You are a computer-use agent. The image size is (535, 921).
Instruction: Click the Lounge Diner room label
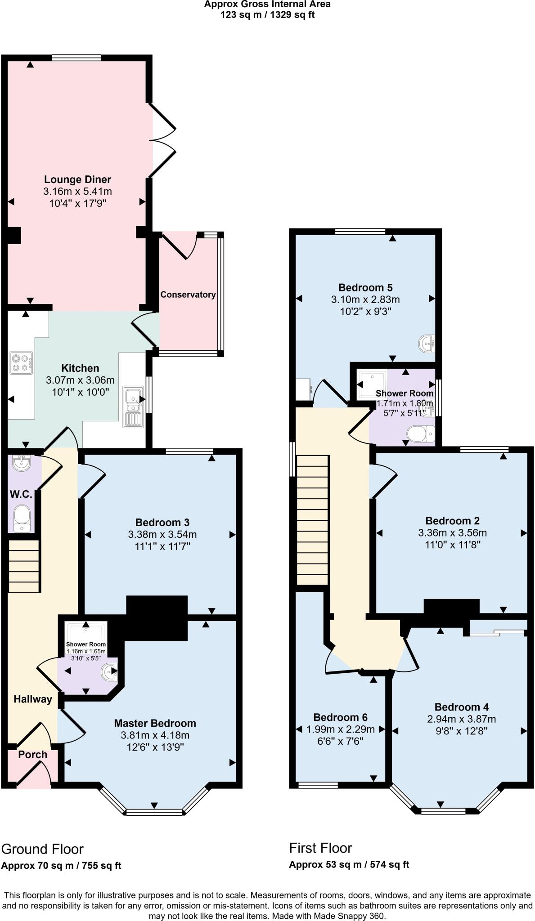77,180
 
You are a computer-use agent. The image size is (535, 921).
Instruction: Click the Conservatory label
188,295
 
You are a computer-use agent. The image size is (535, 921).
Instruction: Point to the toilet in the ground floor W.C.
21,517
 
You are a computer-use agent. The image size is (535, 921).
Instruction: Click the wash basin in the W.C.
21,463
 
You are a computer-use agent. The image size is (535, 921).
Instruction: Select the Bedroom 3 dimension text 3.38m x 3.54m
162,535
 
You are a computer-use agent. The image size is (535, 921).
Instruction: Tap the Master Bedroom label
155,723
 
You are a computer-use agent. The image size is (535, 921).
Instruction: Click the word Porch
32,754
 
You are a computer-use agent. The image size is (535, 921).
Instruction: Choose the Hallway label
32,699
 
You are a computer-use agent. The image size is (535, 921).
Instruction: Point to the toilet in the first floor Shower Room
421,434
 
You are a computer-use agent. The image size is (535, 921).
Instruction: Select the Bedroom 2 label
452,521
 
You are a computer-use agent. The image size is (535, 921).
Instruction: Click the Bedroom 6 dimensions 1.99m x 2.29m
340,729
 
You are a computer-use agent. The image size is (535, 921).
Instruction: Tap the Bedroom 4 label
461,706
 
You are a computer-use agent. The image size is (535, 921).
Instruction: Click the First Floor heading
320,848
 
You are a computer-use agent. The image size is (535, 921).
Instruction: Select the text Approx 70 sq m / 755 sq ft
61,865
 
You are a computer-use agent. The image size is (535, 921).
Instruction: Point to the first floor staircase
312,519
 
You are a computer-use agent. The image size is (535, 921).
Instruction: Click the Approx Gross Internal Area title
267,4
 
